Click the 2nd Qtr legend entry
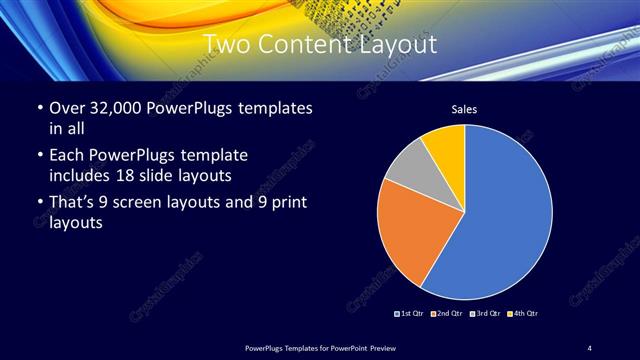(448, 314)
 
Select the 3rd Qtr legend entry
(485, 314)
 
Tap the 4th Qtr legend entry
(523, 314)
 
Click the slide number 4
(589, 346)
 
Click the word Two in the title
(228, 44)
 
